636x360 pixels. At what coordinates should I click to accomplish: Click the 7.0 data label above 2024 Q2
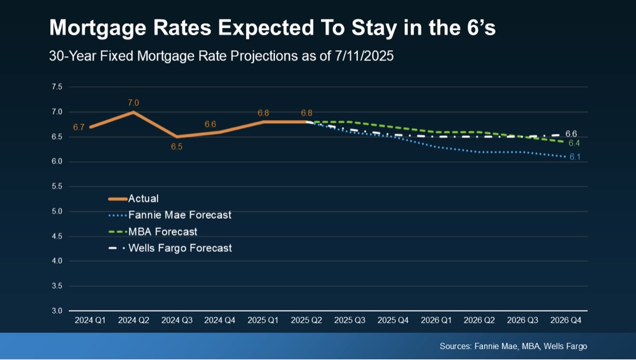133,102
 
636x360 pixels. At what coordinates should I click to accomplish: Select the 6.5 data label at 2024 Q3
177,147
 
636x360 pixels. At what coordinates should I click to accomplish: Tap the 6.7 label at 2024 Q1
78,127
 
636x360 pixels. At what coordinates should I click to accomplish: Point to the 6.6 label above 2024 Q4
211,124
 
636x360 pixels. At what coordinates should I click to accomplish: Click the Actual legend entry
143,199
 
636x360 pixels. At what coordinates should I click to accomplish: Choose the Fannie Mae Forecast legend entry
179,215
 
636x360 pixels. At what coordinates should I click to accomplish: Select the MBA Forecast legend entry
162,232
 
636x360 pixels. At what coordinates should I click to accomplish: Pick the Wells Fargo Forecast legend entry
180,248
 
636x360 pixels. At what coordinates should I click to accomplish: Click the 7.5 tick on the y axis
57,87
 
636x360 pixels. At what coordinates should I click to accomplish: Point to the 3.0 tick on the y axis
57,311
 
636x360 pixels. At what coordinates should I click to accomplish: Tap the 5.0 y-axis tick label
57,211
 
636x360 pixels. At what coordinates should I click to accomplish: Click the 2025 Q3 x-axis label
350,320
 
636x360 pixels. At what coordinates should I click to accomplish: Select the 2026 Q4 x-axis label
566,320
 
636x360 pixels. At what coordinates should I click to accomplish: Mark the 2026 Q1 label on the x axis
436,320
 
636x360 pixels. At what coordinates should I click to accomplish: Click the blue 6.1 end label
575,157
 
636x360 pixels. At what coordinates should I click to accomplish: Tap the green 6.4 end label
574,143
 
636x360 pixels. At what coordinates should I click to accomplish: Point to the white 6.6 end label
572,133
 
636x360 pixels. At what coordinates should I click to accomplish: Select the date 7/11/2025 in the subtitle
364,56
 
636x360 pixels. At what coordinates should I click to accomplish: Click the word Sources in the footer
455,346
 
